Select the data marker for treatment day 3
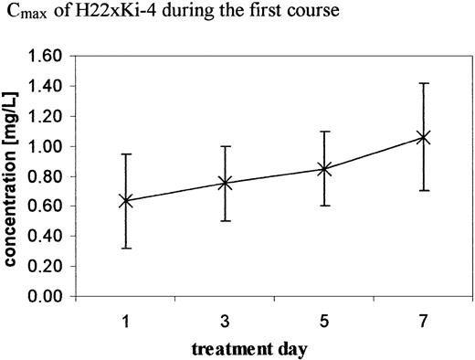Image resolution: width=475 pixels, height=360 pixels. pyautogui.click(x=225, y=184)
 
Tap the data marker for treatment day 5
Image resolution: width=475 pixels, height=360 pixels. pyautogui.click(x=323, y=169)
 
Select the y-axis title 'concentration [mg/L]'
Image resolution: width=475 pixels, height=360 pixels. pyautogui.click(x=16, y=177)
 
